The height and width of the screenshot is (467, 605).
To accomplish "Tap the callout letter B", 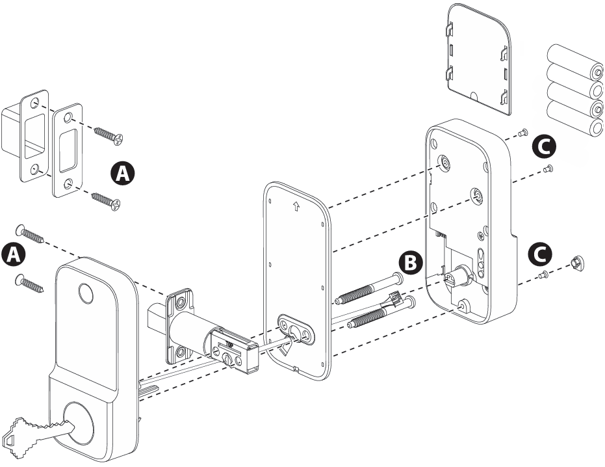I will pyautogui.click(x=409, y=262).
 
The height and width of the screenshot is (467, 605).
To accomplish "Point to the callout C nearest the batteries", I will pyautogui.click(x=543, y=146).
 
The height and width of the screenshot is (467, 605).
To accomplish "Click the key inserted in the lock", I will pyautogui.click(x=36, y=431).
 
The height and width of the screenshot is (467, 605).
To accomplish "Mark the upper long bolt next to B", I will pyautogui.click(x=367, y=291).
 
